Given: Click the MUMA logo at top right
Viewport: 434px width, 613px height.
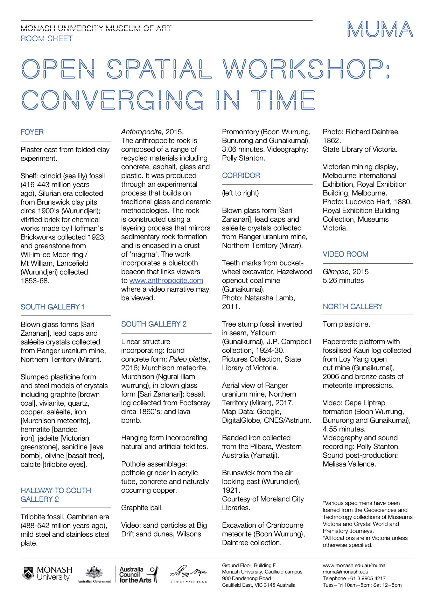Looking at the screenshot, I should point(380,29).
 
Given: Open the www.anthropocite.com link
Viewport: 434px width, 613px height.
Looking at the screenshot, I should point(166,280).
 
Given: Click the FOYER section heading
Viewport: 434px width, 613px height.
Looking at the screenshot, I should point(32,132).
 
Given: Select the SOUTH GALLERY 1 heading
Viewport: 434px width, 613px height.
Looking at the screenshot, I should point(52,307).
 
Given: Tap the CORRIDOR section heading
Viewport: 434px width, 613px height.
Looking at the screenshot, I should point(241,176).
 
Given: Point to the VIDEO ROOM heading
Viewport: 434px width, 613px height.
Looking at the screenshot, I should point(345,254).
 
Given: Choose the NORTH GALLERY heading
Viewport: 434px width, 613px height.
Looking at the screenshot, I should point(352,307).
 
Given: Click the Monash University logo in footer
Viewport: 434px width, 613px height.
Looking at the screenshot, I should point(47,574).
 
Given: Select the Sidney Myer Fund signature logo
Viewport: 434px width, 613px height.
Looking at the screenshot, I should point(189,574).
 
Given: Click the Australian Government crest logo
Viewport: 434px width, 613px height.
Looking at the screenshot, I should point(94,574).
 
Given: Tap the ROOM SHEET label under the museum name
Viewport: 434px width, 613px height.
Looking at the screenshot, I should point(47,38).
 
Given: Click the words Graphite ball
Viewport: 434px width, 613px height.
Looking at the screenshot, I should point(142,508).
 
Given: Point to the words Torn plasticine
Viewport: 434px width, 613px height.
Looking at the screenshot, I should point(346,324).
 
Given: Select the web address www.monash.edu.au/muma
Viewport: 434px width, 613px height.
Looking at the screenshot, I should point(354,565).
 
